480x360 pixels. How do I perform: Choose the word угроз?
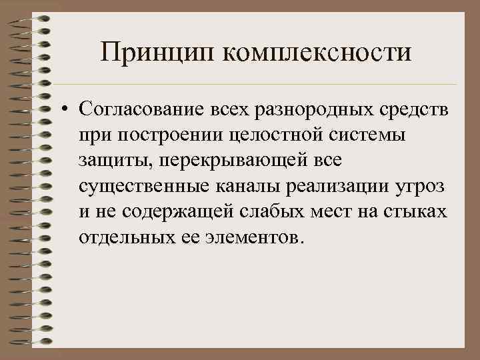[419, 187]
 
